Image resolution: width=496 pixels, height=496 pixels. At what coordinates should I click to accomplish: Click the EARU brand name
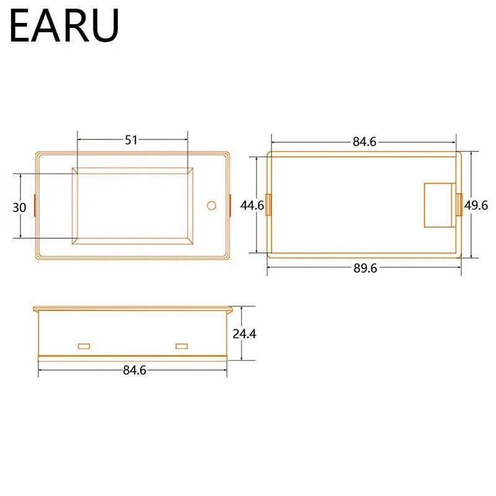tap(64, 25)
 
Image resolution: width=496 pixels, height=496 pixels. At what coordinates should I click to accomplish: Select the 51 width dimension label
tap(131, 140)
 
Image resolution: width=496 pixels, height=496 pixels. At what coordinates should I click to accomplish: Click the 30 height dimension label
tap(20, 208)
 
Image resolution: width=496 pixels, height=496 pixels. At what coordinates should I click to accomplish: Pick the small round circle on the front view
tap(211, 205)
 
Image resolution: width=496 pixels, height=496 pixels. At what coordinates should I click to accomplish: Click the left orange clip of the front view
tap(35, 205)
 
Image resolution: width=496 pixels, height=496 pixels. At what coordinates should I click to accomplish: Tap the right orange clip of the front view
tap(229, 205)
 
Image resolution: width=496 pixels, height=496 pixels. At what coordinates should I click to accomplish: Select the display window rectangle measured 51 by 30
tap(132, 205)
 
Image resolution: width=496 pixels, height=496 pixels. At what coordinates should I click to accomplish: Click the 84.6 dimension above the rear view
tap(365, 141)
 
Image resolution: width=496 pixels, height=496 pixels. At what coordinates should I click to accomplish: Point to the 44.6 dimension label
tap(252, 205)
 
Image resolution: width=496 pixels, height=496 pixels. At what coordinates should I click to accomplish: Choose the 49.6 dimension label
tap(476, 205)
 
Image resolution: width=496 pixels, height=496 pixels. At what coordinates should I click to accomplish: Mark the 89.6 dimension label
tap(365, 268)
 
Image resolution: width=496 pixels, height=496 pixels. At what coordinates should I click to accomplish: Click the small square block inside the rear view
tap(439, 205)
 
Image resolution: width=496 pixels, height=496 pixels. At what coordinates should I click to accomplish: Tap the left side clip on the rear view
tap(268, 205)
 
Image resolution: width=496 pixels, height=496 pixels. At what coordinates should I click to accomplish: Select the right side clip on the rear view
tap(459, 205)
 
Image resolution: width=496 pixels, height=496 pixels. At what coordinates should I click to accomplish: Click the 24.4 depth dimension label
tap(244, 334)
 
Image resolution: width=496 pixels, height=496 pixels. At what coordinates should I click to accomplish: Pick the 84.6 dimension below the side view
tap(135, 370)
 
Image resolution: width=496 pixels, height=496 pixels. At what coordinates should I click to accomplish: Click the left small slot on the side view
tap(84, 345)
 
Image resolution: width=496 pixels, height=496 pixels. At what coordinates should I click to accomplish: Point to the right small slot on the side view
tap(182, 345)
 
